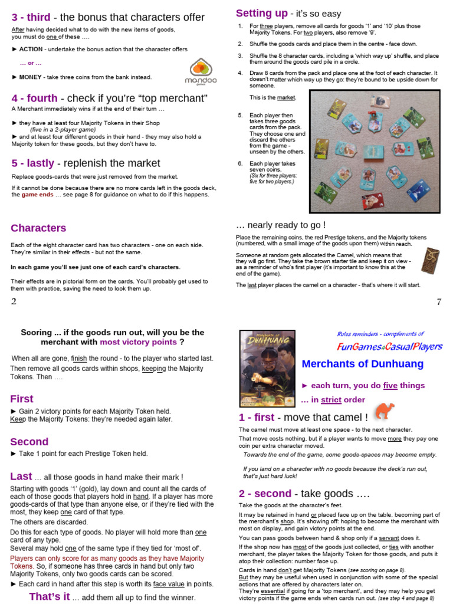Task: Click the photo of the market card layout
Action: (375, 151)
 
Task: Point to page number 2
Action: (14, 302)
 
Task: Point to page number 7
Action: (439, 302)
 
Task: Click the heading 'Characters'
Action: (38, 228)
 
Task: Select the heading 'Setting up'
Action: (262, 14)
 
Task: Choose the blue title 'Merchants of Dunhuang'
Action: (362, 364)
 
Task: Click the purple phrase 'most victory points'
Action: (138, 342)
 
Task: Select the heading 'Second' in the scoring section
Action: (29, 442)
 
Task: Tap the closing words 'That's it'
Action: (50, 596)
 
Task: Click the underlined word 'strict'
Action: (331, 400)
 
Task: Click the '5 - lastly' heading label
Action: (34, 163)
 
